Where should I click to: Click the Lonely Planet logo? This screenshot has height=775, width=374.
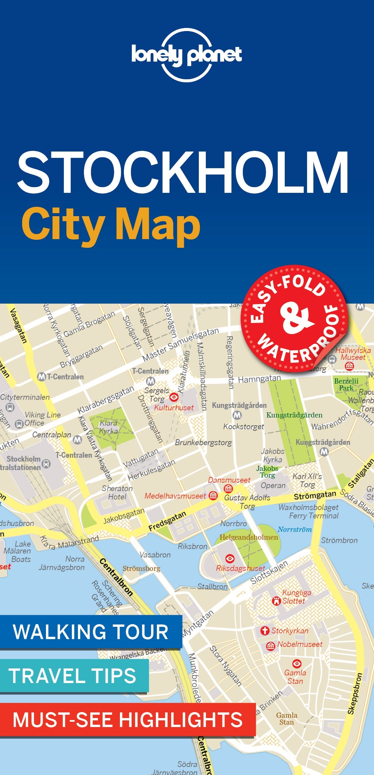(x=187, y=55)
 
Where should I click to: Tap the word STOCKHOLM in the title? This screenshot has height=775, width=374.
(x=183, y=173)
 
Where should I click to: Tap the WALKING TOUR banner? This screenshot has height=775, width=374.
(x=91, y=631)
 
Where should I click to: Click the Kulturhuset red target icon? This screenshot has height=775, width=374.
(x=174, y=397)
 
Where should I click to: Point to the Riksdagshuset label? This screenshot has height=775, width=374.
(x=240, y=568)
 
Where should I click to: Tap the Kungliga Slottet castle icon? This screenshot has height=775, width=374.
(x=276, y=600)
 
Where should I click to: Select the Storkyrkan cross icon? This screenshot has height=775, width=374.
(x=265, y=630)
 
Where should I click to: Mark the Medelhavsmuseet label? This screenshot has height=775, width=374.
(x=175, y=496)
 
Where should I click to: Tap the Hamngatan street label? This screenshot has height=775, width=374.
(x=259, y=379)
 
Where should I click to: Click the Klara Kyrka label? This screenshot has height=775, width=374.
(x=109, y=427)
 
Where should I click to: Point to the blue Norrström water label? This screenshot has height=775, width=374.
(x=295, y=529)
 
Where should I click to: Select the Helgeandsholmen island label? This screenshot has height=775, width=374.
(x=248, y=537)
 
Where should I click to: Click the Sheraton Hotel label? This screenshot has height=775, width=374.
(x=117, y=493)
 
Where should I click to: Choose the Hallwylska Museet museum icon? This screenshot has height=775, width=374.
(x=349, y=366)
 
